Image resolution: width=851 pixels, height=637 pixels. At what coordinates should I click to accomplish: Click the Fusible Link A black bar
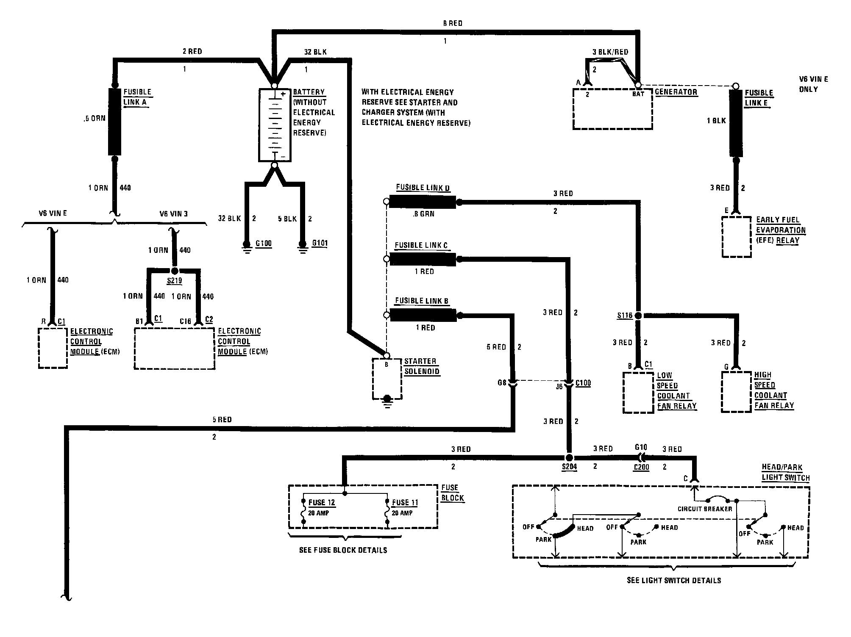(114, 122)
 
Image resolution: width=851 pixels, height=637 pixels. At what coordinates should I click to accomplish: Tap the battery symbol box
(275, 125)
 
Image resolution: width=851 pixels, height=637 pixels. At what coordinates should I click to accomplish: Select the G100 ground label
(264, 244)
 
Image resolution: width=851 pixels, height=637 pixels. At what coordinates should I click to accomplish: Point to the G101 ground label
(320, 244)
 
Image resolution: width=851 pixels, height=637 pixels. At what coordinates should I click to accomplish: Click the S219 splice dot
(174, 270)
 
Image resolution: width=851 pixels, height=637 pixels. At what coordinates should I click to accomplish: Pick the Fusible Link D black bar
(422, 202)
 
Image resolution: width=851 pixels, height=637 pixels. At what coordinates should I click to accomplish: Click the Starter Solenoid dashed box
(387, 379)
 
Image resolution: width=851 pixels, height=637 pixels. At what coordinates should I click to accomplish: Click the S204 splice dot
(569, 458)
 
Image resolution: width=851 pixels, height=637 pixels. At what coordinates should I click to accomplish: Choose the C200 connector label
(641, 467)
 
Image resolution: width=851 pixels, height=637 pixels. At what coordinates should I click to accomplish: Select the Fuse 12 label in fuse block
(322, 503)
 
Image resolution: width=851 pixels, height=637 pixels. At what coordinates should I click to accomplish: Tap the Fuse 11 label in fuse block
(405, 503)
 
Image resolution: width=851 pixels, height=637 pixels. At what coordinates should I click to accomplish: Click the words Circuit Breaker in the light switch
(704, 509)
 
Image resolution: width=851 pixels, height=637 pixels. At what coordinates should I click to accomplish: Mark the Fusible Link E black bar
(736, 123)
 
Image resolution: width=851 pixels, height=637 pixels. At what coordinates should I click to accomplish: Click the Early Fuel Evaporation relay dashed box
(737, 237)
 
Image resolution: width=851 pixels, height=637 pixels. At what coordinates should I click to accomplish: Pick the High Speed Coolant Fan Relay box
(736, 392)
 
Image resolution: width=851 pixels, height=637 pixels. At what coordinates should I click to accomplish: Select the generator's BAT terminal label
(638, 94)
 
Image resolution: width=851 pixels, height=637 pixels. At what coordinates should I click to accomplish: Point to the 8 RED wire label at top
(453, 23)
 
